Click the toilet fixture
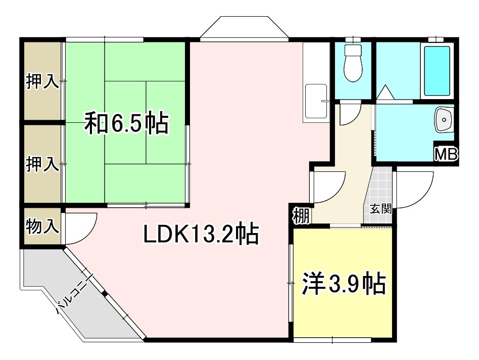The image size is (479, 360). pyautogui.click(x=352, y=63)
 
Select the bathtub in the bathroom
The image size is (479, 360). pyautogui.click(x=437, y=71)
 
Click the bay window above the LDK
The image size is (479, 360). pyautogui.click(x=244, y=28)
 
